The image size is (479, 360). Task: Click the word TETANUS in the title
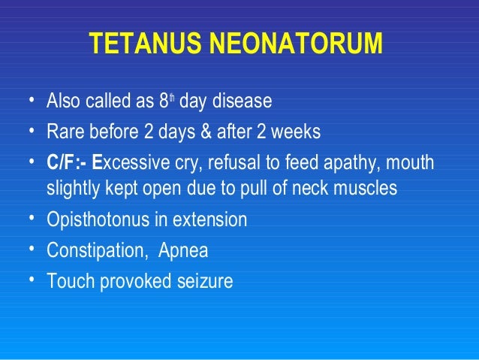(142, 45)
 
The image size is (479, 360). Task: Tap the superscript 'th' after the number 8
(172, 97)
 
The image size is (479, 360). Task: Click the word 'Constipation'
(92, 251)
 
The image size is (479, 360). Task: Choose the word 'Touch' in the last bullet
(68, 282)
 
